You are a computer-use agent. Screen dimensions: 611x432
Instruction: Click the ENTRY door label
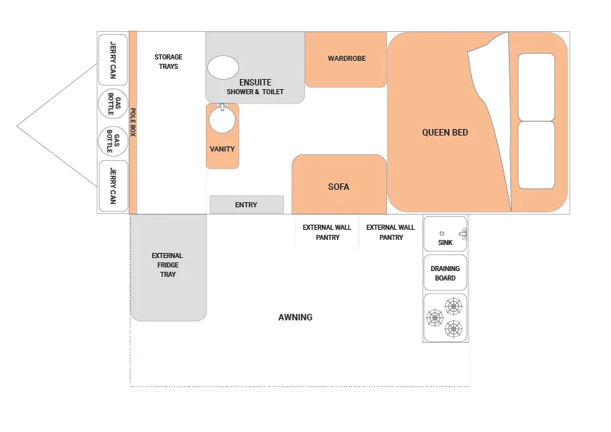click(246, 205)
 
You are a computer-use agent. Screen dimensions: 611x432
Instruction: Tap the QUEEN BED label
click(444, 133)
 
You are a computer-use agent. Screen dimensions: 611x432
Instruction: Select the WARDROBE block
click(346, 59)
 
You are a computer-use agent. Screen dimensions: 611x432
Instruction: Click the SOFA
click(339, 184)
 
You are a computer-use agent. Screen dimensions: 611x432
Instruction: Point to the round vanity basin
click(222, 120)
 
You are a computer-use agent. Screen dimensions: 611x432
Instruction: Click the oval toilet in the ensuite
click(223, 67)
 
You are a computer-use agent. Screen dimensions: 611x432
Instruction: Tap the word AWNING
click(295, 317)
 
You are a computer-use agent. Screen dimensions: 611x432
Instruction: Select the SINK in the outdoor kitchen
click(445, 233)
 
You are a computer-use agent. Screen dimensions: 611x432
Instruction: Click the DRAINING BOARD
click(445, 273)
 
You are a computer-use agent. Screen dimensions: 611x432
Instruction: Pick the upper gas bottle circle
click(113, 104)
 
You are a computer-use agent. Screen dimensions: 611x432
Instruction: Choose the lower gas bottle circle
click(113, 141)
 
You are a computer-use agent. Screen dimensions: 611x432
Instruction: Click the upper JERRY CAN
click(113, 59)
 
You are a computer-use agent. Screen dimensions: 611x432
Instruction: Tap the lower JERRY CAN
click(113, 186)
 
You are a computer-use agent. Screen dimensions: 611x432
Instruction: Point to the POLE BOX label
click(133, 122)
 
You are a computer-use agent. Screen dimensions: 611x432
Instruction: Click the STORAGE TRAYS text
click(168, 62)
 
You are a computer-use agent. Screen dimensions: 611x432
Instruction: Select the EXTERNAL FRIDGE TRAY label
click(167, 265)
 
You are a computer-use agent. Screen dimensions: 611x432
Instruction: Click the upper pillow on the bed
click(536, 87)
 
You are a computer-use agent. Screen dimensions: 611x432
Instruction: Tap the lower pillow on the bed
click(536, 155)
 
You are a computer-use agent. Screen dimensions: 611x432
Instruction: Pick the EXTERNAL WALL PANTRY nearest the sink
click(391, 232)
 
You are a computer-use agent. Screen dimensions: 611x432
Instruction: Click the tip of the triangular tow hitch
click(17, 126)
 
